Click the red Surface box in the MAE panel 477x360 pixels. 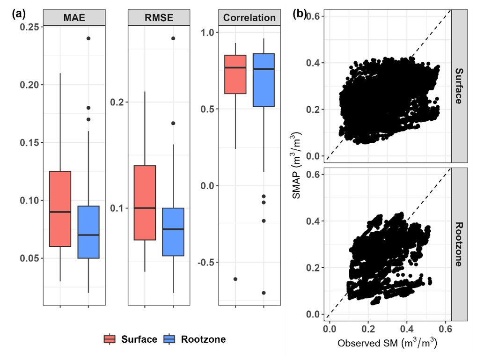tap(60, 208)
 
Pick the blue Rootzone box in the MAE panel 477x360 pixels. tap(88, 232)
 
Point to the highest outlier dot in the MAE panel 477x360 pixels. tap(88, 38)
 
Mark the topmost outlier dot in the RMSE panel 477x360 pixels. tap(173, 38)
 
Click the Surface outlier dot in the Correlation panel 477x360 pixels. tap(235, 279)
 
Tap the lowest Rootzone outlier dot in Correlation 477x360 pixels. tap(264, 293)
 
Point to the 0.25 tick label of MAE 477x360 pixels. tap(29, 27)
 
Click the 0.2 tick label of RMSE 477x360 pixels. tap(117, 102)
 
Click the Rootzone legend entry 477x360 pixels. tap(196, 339)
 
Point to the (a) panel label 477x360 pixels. tap(18, 14)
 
